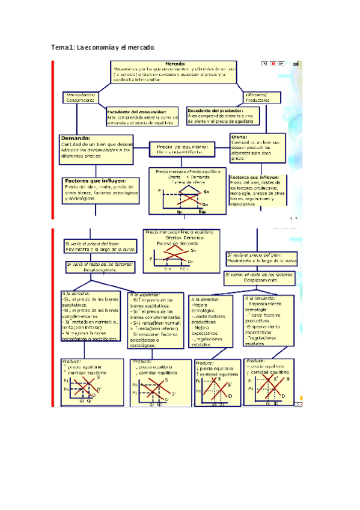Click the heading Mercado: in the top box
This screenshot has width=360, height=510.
pos(175,64)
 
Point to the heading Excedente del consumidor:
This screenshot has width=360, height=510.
pos(139,112)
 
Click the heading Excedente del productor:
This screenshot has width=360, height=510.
pos(215,111)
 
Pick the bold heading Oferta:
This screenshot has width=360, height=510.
pos(240,137)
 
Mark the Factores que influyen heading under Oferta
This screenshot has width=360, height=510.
pos(254,177)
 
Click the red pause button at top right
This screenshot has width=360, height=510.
pos(272,63)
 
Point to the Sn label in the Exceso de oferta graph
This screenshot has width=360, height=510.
pos(206,191)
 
